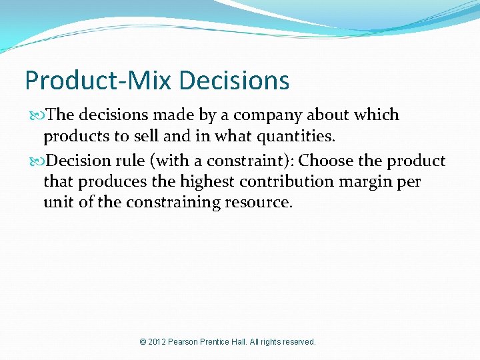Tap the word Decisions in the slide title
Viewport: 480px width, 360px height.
click(234, 81)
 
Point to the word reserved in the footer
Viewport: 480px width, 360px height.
click(299, 342)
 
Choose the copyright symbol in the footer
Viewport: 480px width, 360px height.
click(143, 342)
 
